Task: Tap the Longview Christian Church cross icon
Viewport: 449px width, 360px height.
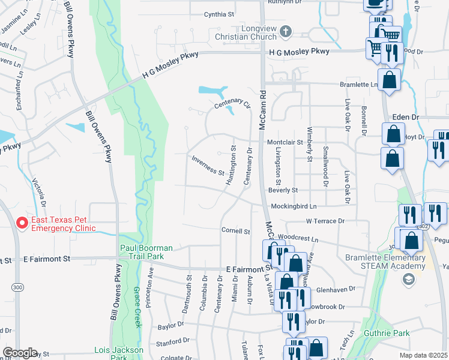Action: tap(286, 31)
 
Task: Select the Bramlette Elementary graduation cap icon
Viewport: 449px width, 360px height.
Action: tap(409, 278)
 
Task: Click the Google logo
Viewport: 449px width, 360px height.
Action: tap(19, 353)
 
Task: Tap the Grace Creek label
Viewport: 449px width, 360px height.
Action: tap(137, 307)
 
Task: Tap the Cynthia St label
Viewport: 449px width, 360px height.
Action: tap(218, 14)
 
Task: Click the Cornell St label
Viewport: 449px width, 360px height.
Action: tap(235, 230)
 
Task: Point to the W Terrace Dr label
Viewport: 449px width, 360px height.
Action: tap(325, 221)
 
